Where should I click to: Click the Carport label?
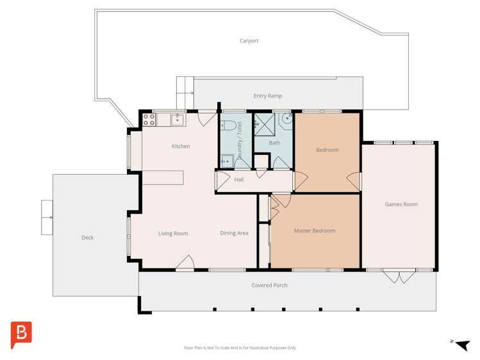pyautogui.click(x=249, y=41)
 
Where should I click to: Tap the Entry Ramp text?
pyautogui.click(x=267, y=96)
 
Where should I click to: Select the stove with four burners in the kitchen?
pyautogui.click(x=148, y=119)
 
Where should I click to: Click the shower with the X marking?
pyautogui.click(x=263, y=123)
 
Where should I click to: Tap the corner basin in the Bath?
pyautogui.click(x=286, y=119)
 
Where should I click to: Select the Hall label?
pyautogui.click(x=238, y=180)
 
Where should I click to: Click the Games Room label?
pyautogui.click(x=401, y=204)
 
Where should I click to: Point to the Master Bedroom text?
pyautogui.click(x=314, y=231)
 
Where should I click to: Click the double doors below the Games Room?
pyautogui.click(x=399, y=277)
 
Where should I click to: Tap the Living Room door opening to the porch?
pyautogui.click(x=185, y=264)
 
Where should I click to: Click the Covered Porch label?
pyautogui.click(x=269, y=285)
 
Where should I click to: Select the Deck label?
pyautogui.click(x=87, y=238)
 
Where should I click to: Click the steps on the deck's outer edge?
pyautogui.click(x=47, y=218)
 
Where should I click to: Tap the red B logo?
pyautogui.click(x=21, y=335)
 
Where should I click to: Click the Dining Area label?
pyautogui.click(x=234, y=233)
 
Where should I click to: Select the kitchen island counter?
pyautogui.click(x=162, y=177)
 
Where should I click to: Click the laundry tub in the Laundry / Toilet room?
pyautogui.click(x=226, y=160)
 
